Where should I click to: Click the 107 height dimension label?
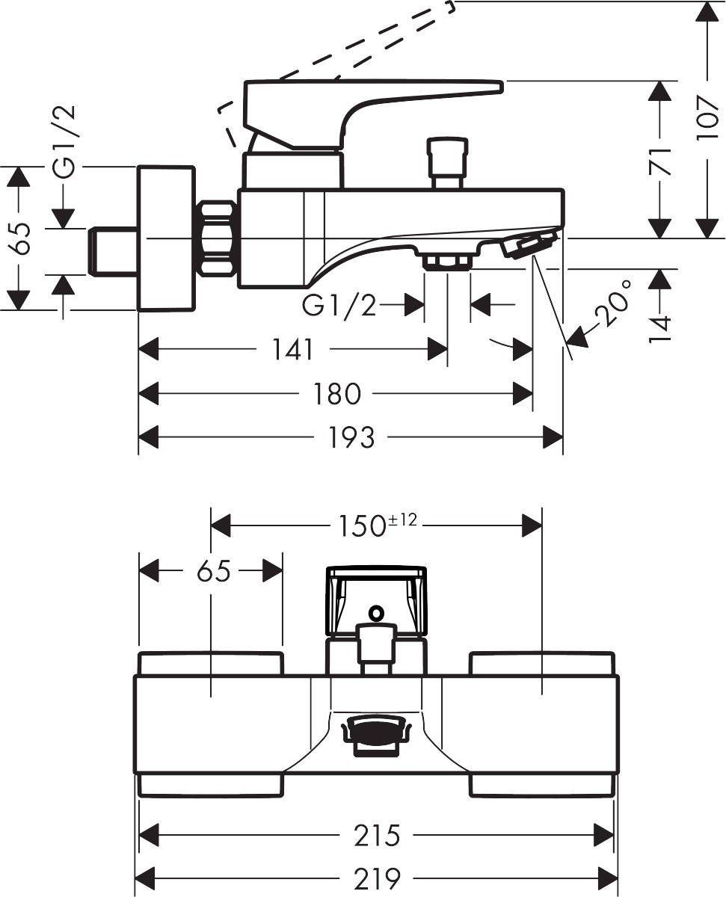tap(707, 119)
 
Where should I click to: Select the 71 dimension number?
tap(659, 161)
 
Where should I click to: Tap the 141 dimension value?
tap(292, 350)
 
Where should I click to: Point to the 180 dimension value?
tap(337, 394)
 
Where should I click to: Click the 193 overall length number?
tap(351, 437)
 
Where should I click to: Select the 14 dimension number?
tap(660, 330)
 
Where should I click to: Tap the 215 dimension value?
tap(377, 836)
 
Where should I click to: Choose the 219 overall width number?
tap(377, 879)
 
